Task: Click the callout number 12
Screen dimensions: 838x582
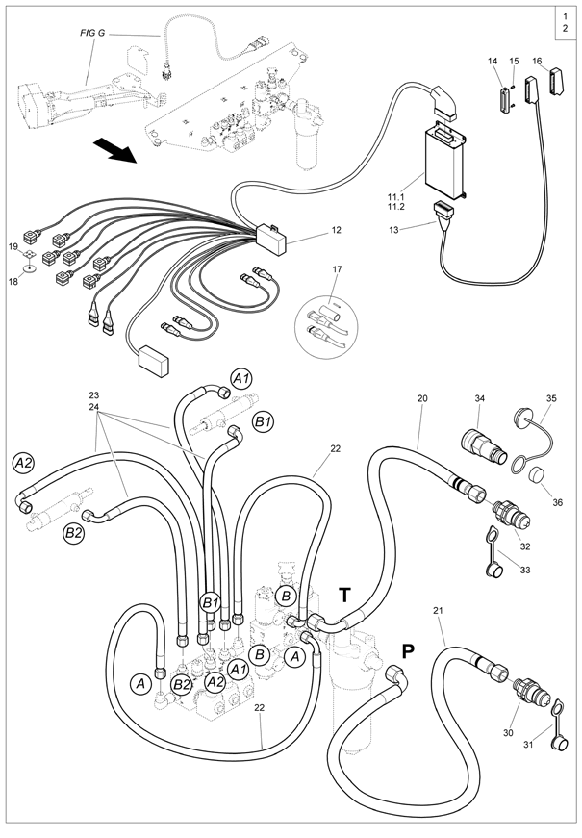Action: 336,231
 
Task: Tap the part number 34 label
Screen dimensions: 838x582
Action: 481,398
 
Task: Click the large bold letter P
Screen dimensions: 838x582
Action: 407,650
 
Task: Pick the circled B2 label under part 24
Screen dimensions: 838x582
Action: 73,532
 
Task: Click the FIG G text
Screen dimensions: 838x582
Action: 92,33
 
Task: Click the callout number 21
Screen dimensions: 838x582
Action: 439,612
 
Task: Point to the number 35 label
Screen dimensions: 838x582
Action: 551,398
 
